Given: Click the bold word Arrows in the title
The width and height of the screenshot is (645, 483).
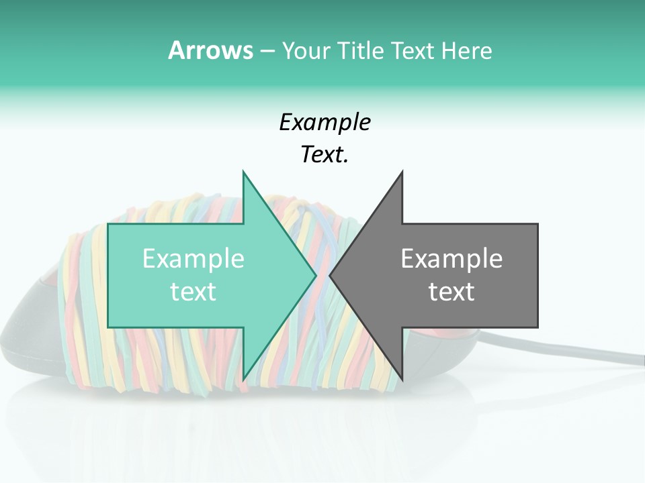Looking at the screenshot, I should click(x=210, y=50).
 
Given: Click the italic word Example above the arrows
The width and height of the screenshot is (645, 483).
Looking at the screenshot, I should click(x=325, y=122).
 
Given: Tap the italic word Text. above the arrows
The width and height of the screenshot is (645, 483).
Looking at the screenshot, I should click(x=325, y=155).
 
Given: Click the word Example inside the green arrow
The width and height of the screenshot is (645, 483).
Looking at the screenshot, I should click(x=193, y=258).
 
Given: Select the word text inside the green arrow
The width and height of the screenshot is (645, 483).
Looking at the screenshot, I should click(x=193, y=292).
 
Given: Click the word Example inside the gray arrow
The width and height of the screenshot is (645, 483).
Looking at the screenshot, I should click(x=451, y=258).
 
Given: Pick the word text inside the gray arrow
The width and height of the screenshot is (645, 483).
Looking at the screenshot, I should click(x=451, y=292).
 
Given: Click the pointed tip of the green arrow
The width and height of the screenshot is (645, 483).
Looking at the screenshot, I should click(x=314, y=275).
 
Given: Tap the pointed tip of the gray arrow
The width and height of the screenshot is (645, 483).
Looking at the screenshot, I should click(x=331, y=275).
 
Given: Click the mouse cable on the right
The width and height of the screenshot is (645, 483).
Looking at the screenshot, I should click(x=591, y=348).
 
